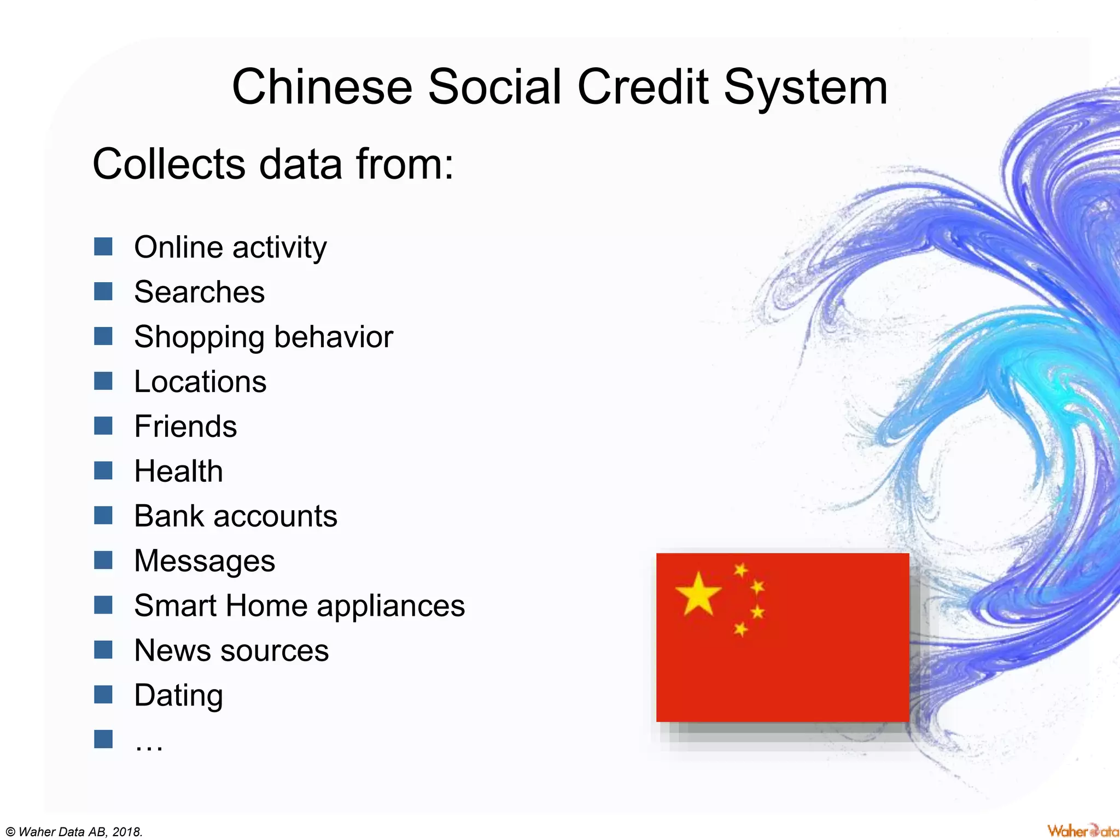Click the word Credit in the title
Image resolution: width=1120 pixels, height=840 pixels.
(x=643, y=87)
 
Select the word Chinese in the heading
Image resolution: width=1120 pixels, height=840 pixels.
(x=322, y=87)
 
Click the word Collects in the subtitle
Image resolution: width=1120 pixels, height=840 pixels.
(x=168, y=164)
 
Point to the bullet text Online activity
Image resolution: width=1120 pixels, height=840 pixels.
(x=230, y=248)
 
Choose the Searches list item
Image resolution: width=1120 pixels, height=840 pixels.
(x=199, y=292)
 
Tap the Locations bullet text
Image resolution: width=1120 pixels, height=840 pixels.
(x=200, y=382)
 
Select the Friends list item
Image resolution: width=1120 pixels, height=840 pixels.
(x=185, y=427)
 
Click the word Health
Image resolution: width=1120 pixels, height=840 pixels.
(x=178, y=471)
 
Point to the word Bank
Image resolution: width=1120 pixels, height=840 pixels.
(x=167, y=516)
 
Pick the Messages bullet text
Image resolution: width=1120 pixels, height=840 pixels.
(x=205, y=562)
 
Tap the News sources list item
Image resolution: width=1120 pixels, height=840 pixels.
(x=231, y=651)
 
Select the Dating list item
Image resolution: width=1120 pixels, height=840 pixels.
(x=178, y=696)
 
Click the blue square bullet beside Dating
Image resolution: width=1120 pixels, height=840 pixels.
(x=103, y=695)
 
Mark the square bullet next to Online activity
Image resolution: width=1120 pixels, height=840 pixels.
(x=103, y=247)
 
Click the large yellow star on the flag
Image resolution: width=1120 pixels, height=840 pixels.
(x=698, y=594)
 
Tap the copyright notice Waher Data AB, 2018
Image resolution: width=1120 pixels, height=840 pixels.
(x=74, y=832)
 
